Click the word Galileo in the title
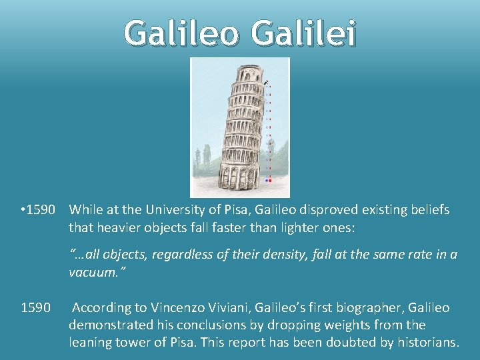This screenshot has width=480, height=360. pos(181,33)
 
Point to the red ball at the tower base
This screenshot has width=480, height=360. pos(269,180)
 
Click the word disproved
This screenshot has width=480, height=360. pos(323,210)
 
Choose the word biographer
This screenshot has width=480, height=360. pos(361,307)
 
